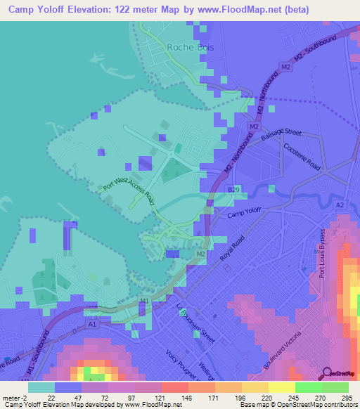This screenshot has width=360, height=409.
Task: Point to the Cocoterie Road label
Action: tap(302, 157)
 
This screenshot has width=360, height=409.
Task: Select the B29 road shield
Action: tap(233, 190)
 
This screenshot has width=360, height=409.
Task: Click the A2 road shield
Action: tap(340, 204)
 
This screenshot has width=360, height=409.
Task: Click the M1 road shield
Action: tap(144, 302)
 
